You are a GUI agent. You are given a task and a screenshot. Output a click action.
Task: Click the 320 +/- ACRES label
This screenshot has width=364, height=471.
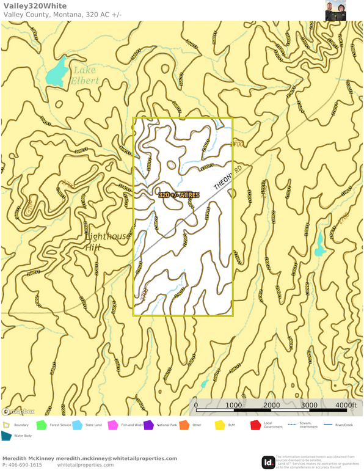coord(179,195)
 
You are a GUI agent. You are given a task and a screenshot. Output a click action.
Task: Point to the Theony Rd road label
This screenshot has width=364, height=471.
coord(228,177)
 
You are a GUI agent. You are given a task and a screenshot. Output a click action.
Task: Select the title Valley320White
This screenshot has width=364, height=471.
coord(35,6)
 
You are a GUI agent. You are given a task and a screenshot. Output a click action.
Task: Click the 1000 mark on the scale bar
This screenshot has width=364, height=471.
coord(234,406)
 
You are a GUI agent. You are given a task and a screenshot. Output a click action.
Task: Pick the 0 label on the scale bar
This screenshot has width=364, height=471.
coord(196,406)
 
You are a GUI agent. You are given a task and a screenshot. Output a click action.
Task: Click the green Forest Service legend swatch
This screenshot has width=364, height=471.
coord(42,425)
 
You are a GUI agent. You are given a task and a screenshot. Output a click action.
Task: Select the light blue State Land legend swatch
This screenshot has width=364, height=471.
coord(78,425)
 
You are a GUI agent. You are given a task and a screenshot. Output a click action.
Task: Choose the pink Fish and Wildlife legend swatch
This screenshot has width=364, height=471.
coord(112,425)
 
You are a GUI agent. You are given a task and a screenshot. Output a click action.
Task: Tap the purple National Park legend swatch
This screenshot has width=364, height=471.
coord(148,425)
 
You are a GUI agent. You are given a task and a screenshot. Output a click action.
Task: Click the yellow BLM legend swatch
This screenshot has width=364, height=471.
coord(220,425)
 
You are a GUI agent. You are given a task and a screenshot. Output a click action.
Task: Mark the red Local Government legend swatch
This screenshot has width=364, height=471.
coord(255,425)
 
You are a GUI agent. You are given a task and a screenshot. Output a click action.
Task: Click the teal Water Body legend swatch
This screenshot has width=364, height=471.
coord(7,436)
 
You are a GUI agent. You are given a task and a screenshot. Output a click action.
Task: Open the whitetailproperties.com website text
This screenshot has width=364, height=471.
coord(85,465)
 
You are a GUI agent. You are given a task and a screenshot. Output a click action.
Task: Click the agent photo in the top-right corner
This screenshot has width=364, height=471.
coord(336,10)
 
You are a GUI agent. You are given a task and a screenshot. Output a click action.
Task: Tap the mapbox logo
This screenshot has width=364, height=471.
coord(18,411)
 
